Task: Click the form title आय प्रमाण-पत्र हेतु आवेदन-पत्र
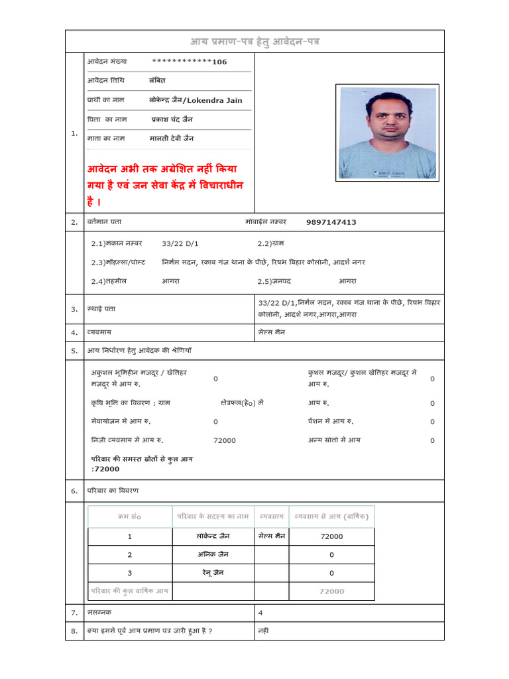[x=254, y=42]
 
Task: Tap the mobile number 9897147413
[x=331, y=222]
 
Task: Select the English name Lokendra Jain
[x=215, y=100]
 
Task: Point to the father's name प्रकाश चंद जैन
[x=172, y=119]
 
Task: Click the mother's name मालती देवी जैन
[x=172, y=138]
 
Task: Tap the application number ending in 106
[x=190, y=62]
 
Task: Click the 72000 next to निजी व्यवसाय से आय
[x=225, y=440]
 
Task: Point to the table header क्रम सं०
[x=129, y=517]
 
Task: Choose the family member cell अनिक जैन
[x=213, y=554]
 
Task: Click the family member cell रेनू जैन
[x=213, y=573]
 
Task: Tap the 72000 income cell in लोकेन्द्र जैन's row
[x=331, y=536]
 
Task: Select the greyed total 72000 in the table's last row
[x=331, y=591]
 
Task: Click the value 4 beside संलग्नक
[x=260, y=613]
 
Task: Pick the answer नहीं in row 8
[x=263, y=631]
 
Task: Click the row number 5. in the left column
[x=74, y=351]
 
